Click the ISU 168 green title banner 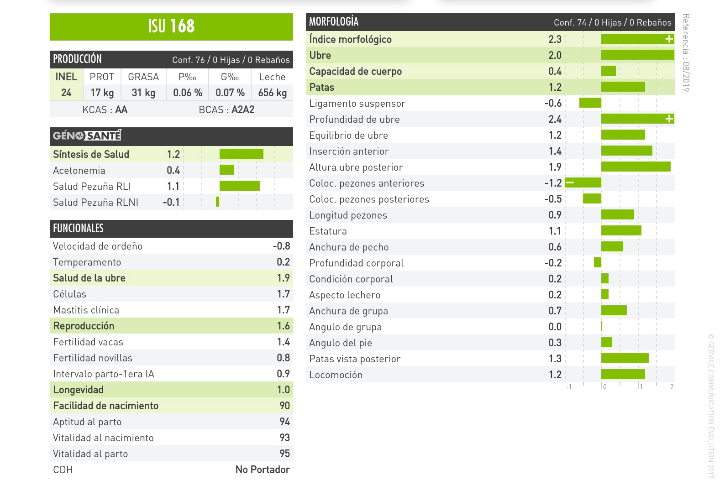(171, 26)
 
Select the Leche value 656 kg (272, 93)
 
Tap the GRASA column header (143, 77)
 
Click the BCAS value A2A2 (242, 110)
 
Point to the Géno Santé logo (87, 136)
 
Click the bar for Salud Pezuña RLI (239, 186)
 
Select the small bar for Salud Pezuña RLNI (218, 202)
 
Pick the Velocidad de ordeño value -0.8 (281, 246)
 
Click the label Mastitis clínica (86, 310)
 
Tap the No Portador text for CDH (263, 469)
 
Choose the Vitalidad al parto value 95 (284, 454)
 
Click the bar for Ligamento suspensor (590, 103)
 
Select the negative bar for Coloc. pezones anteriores (583, 183)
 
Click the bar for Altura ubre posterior (636, 167)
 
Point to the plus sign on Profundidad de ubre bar (669, 119)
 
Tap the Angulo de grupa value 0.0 (555, 327)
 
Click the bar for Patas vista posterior (625, 359)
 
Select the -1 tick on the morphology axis (568, 387)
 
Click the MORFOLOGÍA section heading (334, 22)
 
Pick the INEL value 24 (66, 93)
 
